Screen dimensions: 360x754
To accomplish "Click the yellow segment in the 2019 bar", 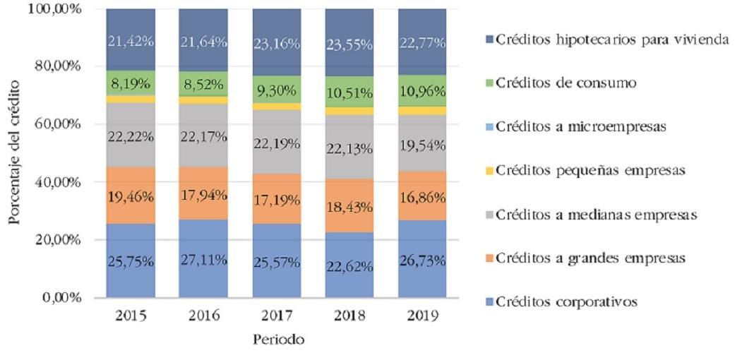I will point(421,110).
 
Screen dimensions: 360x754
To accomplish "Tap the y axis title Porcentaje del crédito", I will point(15,154).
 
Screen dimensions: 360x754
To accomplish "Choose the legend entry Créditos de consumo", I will point(565,83).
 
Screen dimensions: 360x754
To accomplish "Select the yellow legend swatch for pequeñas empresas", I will point(486,171).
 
